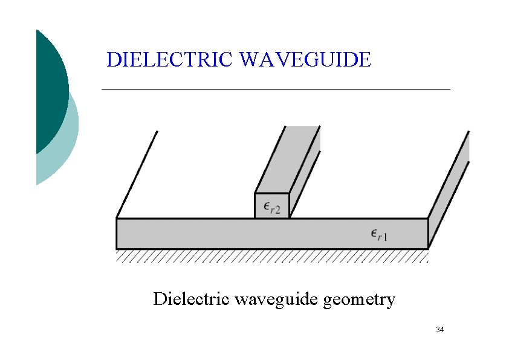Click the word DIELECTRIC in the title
click(170, 60)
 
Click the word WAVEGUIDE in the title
click(305, 60)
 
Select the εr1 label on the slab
click(379, 234)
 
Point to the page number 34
click(439, 330)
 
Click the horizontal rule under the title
click(276, 89)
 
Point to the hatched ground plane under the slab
click(272, 257)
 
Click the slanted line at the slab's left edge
click(137, 174)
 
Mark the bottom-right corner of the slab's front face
click(428, 248)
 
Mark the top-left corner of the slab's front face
click(117, 218)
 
